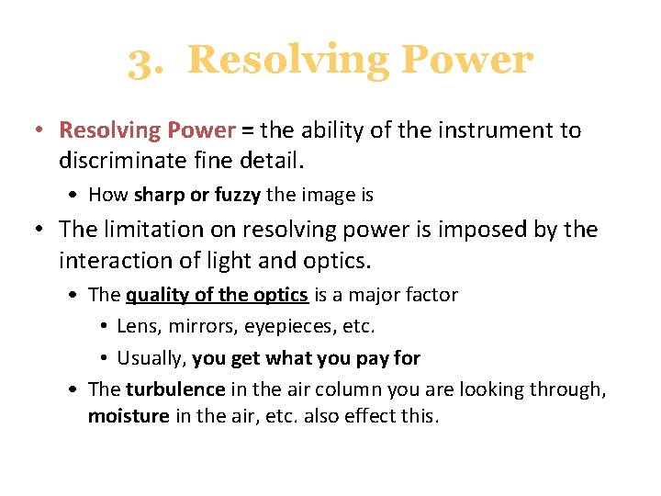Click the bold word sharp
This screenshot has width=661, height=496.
(x=158, y=195)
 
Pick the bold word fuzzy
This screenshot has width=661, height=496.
(x=238, y=195)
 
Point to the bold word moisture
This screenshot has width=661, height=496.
(x=129, y=417)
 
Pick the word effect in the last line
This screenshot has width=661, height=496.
(x=364, y=417)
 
